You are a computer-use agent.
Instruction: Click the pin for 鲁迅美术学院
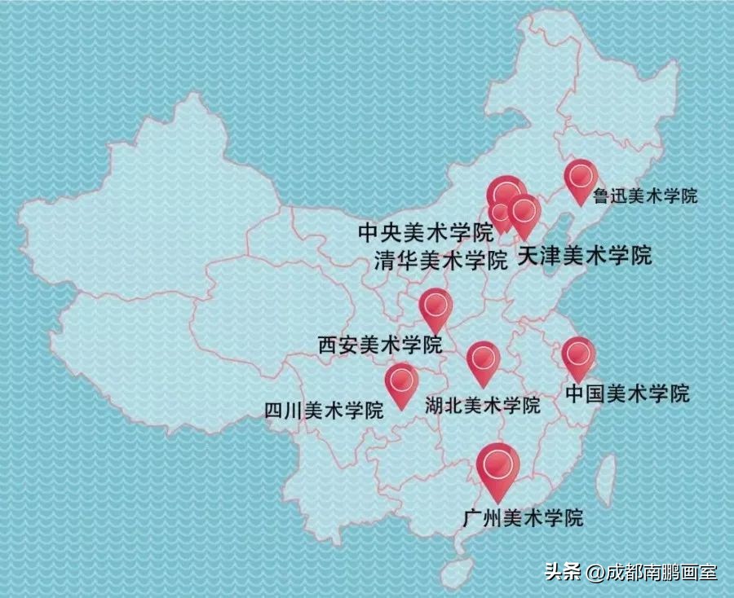click(x=581, y=177)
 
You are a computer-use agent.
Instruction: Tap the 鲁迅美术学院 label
click(x=645, y=196)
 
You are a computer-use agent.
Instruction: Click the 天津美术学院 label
click(x=586, y=255)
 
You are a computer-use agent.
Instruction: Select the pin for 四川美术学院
click(x=401, y=381)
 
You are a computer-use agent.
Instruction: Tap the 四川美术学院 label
click(x=324, y=410)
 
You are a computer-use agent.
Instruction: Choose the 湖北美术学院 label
click(x=483, y=405)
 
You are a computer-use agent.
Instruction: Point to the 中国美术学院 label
click(x=626, y=394)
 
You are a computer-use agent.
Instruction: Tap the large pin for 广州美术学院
click(x=497, y=465)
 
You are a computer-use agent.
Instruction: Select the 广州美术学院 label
click(x=522, y=517)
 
